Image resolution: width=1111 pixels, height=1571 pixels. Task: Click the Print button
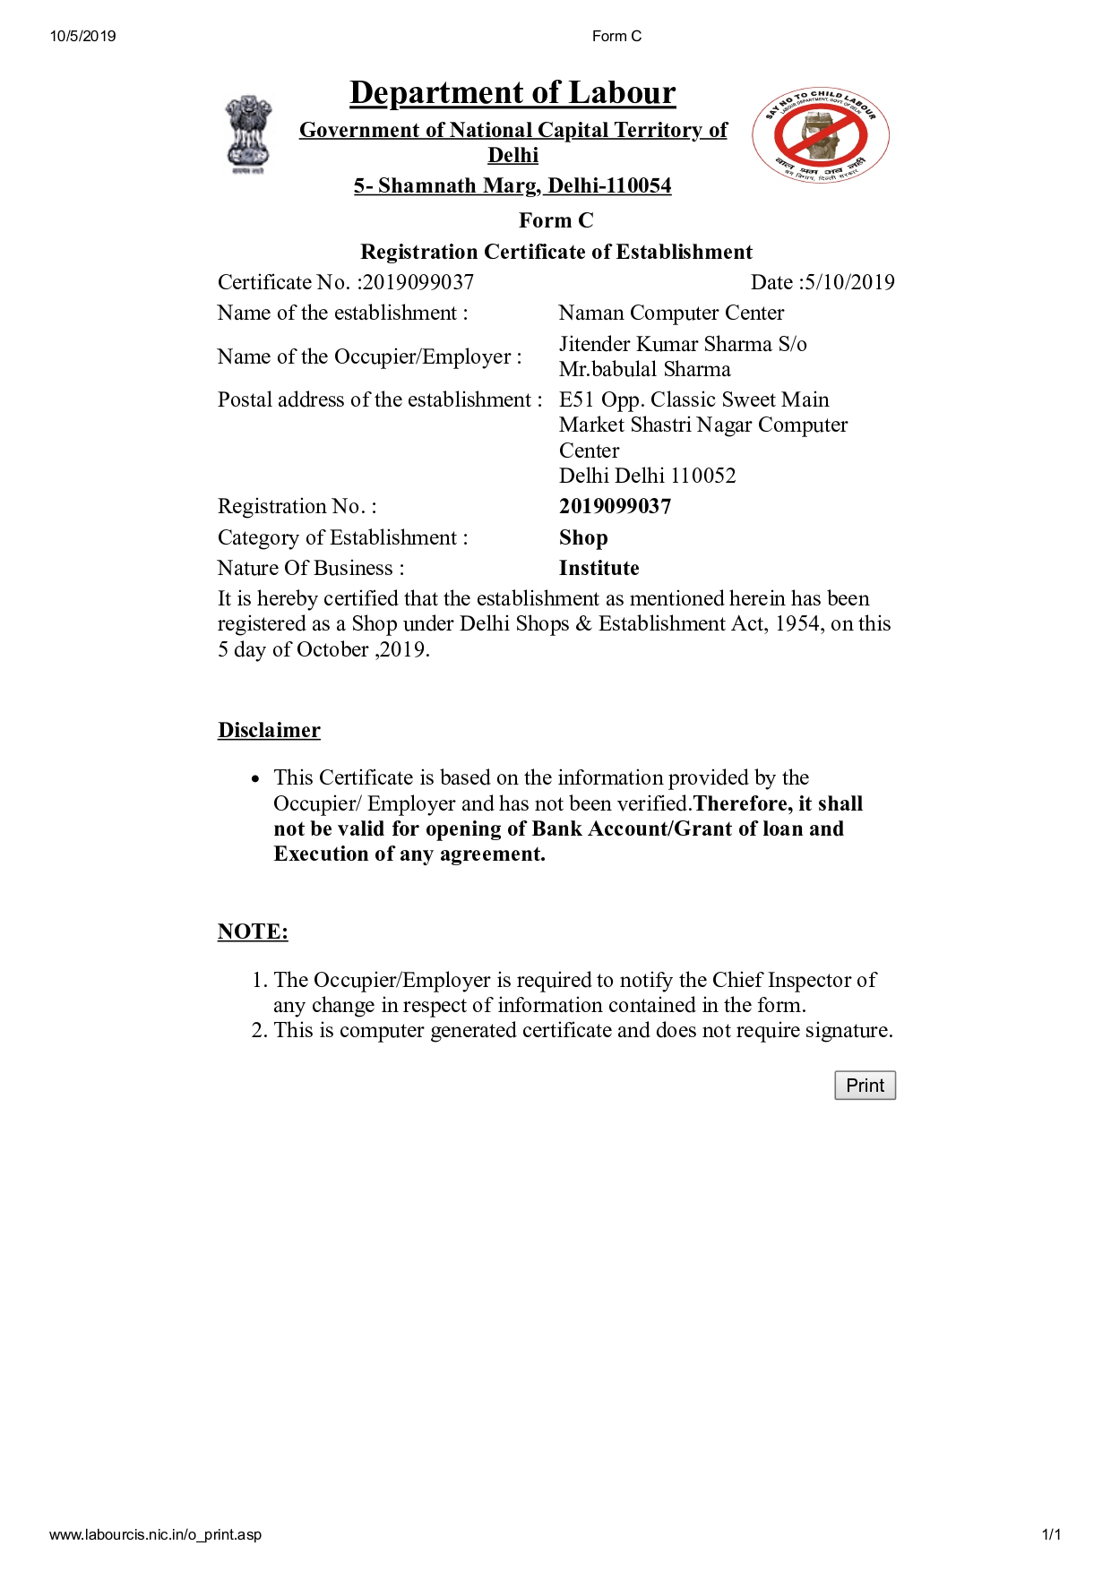click(865, 1086)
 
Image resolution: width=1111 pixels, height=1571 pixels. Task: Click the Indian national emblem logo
click(247, 134)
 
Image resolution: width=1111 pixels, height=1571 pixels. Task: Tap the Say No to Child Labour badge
click(821, 136)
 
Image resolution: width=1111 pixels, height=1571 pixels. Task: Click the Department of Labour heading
click(512, 93)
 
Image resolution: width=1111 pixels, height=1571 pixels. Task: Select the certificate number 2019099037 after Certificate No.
click(418, 282)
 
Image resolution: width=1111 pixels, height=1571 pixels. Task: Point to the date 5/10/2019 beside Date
click(848, 282)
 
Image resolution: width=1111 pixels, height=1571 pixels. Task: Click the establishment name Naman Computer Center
click(671, 313)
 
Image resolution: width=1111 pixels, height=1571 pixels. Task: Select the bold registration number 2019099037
click(615, 506)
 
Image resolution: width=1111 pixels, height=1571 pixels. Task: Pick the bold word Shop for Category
click(583, 537)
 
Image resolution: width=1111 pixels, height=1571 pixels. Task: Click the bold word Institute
click(599, 568)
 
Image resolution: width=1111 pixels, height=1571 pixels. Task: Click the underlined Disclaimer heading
click(269, 730)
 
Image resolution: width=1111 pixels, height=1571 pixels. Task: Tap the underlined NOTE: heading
click(253, 931)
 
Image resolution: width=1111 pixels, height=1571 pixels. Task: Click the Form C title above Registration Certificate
click(555, 220)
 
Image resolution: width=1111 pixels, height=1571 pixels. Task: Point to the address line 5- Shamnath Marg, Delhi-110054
click(512, 185)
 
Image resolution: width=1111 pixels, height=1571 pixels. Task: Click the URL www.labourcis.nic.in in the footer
click(155, 1534)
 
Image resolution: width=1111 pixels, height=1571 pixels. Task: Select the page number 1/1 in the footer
click(1051, 1534)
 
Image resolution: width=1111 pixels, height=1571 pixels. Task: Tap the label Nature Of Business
click(311, 568)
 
